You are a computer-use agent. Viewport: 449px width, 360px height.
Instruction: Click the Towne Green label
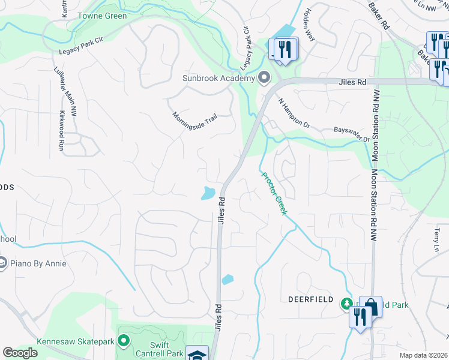pos(101,16)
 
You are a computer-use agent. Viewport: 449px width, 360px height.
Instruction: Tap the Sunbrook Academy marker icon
pos(264,78)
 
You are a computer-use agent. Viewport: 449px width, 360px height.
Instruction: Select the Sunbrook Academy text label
pos(218,79)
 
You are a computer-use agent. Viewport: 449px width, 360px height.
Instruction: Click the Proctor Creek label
pos(274,193)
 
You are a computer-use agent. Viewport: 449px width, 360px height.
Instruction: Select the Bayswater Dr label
pos(351,133)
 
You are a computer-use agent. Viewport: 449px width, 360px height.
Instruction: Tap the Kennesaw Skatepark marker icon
pos(124,341)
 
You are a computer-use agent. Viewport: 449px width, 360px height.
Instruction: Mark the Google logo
pos(20,353)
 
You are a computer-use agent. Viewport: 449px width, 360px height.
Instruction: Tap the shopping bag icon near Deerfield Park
pos(371,307)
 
